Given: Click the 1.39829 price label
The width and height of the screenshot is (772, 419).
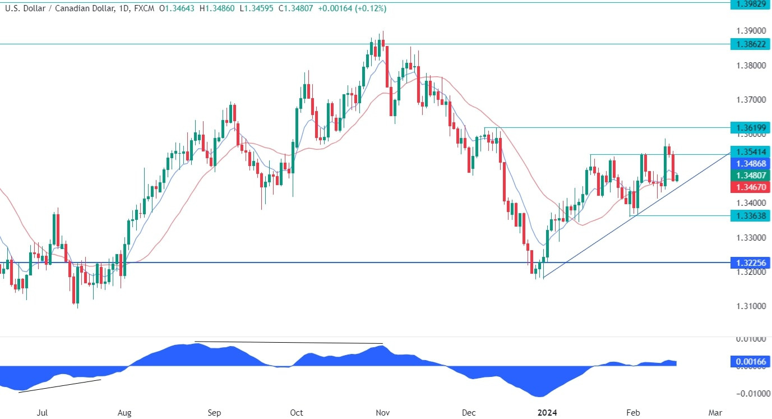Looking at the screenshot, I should pyautogui.click(x=750, y=4).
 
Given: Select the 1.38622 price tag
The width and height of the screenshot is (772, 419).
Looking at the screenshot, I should pyautogui.click(x=750, y=44).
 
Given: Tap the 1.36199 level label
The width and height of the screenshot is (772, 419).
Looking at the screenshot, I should pyautogui.click(x=750, y=127).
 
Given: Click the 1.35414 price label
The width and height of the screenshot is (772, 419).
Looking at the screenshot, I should pyautogui.click(x=750, y=152).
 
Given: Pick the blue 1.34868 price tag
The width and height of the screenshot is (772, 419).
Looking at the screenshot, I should pyautogui.click(x=750, y=163).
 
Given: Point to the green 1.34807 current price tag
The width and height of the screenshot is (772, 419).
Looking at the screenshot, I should pyautogui.click(x=750, y=175).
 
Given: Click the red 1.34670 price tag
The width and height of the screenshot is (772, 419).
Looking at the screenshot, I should pyautogui.click(x=750, y=187).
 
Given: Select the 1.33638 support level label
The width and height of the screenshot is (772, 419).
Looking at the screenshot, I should pyautogui.click(x=750, y=215).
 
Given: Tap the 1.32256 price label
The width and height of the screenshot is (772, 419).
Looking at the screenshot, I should pyautogui.click(x=750, y=262).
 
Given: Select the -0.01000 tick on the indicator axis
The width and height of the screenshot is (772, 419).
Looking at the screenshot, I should pyautogui.click(x=748, y=394).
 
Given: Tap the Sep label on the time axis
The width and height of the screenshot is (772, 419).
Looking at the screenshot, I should pyautogui.click(x=215, y=412).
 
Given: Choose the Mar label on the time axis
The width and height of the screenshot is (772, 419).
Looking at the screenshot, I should pyautogui.click(x=715, y=412).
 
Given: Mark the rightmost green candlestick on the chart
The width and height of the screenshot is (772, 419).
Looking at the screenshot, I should pyautogui.click(x=677, y=178).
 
